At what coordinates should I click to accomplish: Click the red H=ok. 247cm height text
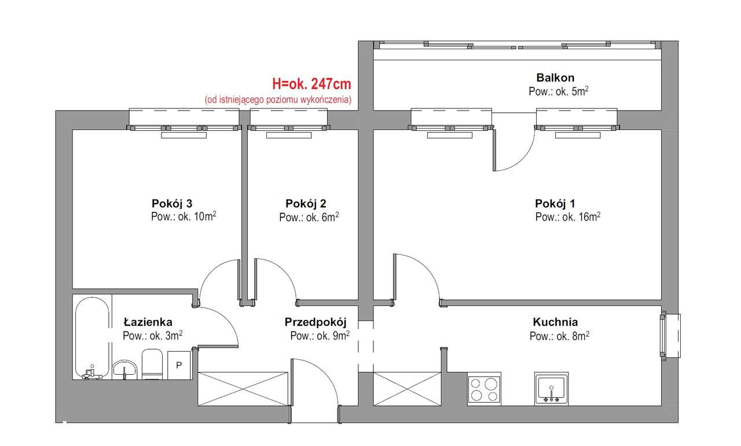point(311,85)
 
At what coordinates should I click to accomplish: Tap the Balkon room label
point(555,78)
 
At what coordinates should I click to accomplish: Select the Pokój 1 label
point(555,203)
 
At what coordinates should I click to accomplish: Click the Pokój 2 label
point(306,203)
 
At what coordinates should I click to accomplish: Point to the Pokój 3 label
point(171,203)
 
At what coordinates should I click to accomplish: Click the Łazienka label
point(148,322)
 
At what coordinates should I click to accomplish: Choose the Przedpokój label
point(315,322)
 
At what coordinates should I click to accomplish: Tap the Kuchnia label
point(555,322)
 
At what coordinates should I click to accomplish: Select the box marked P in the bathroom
point(179,365)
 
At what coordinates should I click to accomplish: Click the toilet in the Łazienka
point(152,364)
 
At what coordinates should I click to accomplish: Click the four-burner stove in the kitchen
point(484,389)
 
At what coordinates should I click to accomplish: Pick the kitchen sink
point(551,389)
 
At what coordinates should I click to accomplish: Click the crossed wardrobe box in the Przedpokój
point(243,389)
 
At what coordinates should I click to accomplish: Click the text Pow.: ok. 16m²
point(567,217)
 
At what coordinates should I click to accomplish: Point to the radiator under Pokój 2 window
point(289,136)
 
